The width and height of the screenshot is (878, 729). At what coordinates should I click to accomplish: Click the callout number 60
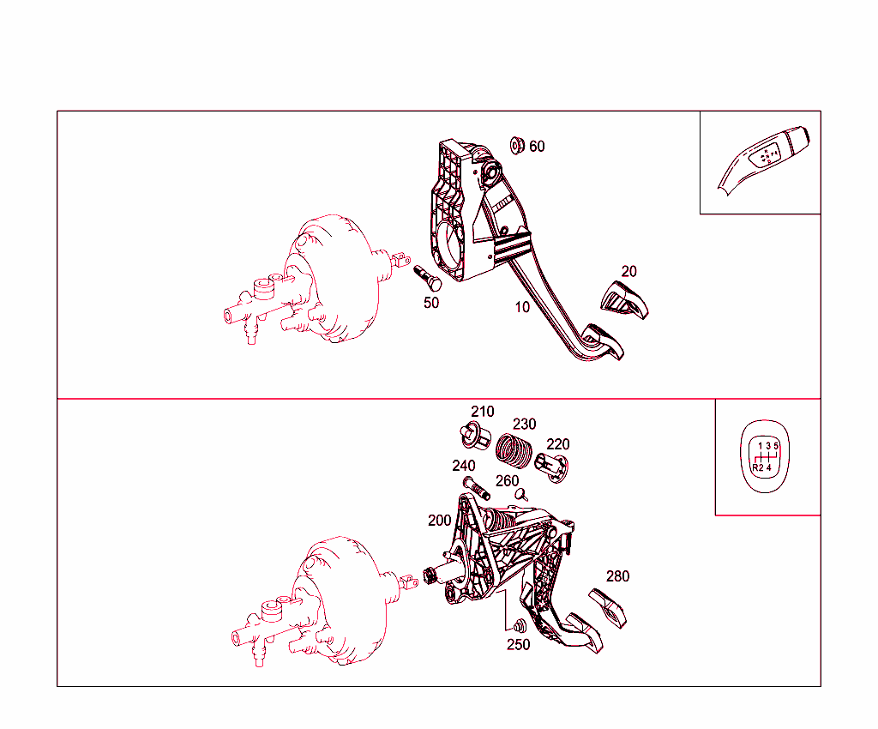click(537, 146)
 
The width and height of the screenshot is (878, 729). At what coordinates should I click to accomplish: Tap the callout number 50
click(431, 303)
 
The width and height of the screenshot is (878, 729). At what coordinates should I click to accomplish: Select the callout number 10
click(522, 307)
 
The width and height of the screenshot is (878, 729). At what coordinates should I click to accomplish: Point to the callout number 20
click(628, 272)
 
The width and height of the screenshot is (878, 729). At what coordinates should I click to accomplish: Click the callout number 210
click(483, 412)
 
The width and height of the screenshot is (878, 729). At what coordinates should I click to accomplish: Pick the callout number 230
click(525, 425)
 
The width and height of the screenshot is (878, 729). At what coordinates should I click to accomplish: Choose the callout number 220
click(557, 444)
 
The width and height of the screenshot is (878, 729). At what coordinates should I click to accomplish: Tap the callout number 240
click(464, 466)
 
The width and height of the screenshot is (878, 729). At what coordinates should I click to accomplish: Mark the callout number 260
click(508, 481)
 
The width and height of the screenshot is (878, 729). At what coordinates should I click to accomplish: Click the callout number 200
click(440, 521)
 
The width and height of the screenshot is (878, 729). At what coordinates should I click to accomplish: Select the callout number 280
click(617, 576)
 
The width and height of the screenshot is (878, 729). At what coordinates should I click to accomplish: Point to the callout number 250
click(519, 645)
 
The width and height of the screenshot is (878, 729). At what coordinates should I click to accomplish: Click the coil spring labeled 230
click(514, 449)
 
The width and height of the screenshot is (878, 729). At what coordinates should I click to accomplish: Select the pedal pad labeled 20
click(624, 299)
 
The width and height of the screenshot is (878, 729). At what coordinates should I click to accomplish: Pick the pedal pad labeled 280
click(608, 608)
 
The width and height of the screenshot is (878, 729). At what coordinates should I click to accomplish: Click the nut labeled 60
click(517, 146)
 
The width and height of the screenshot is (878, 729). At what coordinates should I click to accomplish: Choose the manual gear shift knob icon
click(765, 456)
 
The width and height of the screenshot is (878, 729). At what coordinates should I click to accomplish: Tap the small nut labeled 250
click(520, 626)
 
